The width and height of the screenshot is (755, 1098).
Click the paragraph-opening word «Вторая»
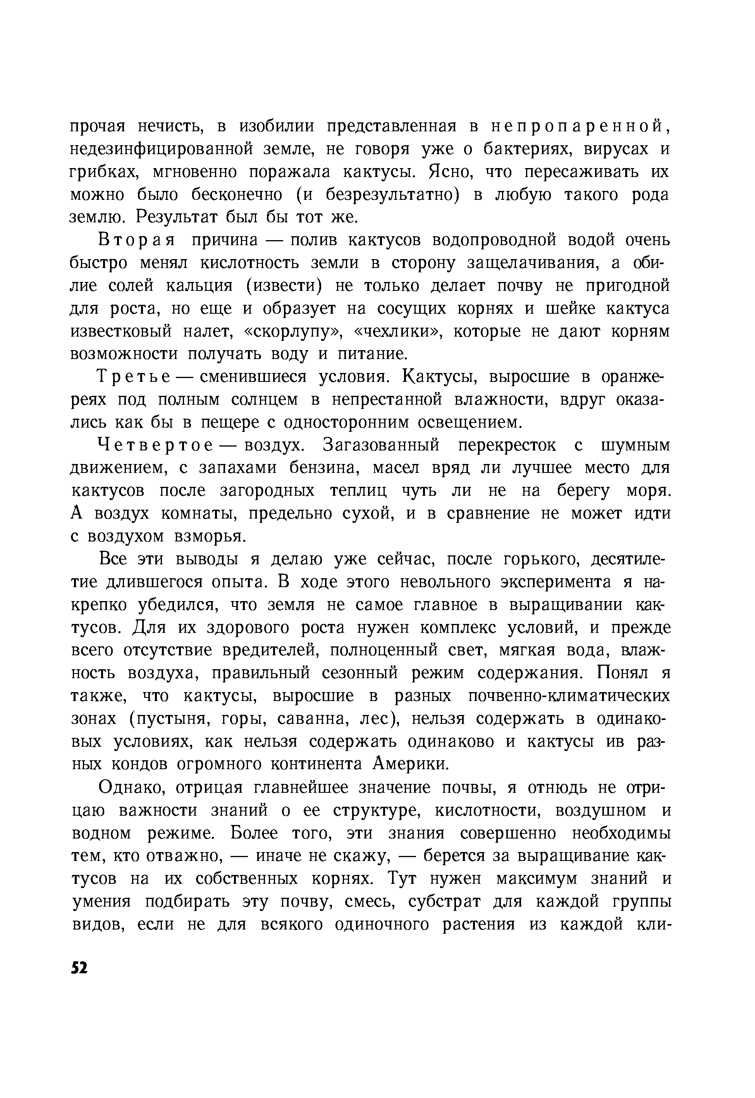pos(136,240)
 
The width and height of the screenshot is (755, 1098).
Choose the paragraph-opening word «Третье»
pos(133,377)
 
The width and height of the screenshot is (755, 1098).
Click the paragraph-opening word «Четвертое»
pos(154,445)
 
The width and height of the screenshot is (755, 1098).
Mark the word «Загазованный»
pos(381,445)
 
